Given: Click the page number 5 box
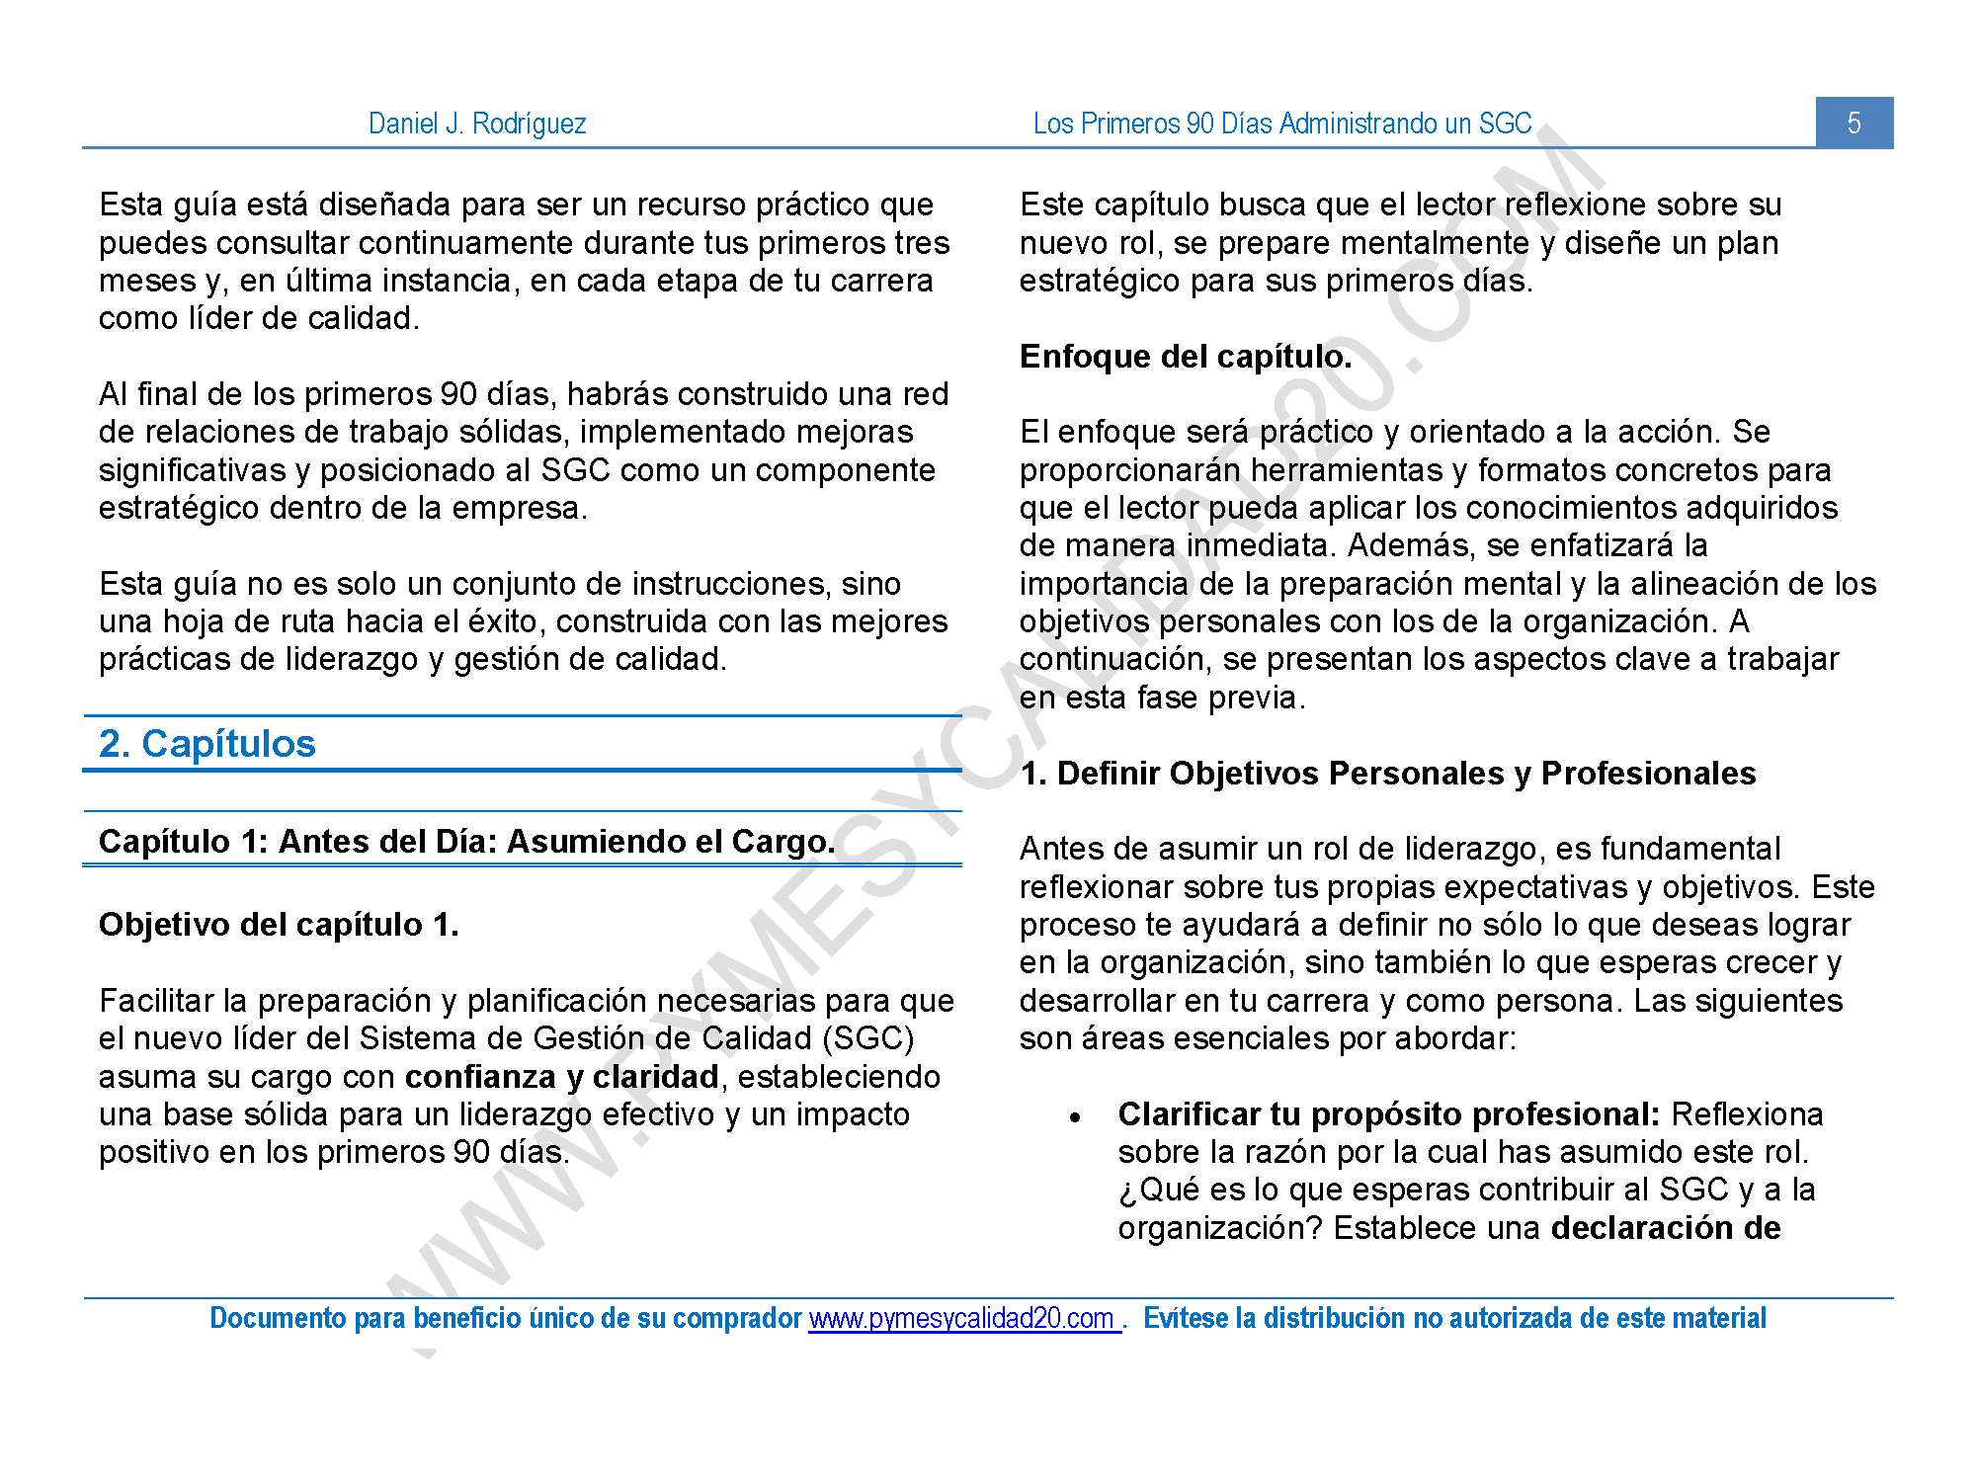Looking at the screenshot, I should click(1853, 123).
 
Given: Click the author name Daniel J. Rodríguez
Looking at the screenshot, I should click(477, 123).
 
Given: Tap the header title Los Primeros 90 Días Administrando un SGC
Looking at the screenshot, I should click(1281, 123).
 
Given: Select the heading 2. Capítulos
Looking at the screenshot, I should click(206, 743).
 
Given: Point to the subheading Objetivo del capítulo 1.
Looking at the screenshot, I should click(279, 925).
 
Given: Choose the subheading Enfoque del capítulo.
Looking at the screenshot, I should click(1185, 357).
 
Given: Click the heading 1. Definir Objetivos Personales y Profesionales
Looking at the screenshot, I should click(1387, 773).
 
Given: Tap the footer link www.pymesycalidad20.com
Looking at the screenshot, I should click(962, 1318).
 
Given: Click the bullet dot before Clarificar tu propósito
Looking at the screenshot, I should click(1075, 1117).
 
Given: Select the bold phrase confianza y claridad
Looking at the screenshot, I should click(561, 1076).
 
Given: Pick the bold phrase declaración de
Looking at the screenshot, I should click(1665, 1228).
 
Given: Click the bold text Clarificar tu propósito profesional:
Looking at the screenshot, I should click(1388, 1114).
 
